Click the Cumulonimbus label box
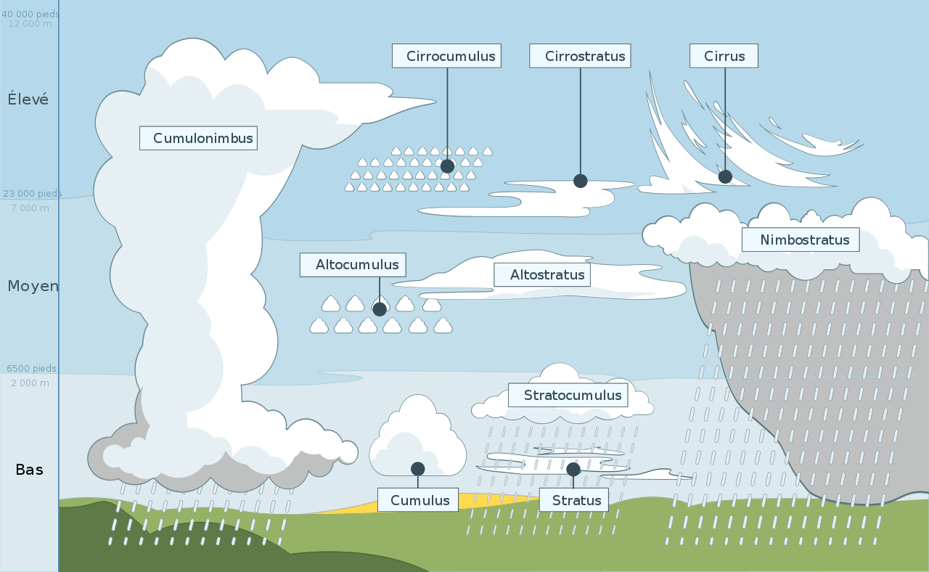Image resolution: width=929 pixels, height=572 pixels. [x=198, y=138]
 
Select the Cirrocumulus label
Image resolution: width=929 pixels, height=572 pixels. [x=446, y=56]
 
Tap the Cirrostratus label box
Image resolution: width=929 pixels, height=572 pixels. [x=580, y=56]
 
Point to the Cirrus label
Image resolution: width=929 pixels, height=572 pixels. [x=724, y=56]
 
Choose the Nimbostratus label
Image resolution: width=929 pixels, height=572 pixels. [x=801, y=240]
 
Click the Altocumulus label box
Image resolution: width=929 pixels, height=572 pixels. [x=353, y=265]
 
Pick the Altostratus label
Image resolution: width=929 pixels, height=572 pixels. [x=542, y=274]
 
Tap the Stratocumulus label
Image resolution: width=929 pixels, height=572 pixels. [x=568, y=396]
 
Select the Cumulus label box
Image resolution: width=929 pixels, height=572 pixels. [x=418, y=500]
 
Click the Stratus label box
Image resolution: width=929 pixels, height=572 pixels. [x=574, y=500]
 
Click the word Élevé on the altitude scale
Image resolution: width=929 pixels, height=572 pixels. [x=28, y=99]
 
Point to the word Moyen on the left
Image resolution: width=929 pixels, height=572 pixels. [x=33, y=286]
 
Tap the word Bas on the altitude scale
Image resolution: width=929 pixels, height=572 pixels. [x=30, y=470]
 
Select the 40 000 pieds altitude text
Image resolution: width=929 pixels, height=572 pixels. [x=30, y=14]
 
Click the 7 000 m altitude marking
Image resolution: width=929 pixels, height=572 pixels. [x=30, y=208]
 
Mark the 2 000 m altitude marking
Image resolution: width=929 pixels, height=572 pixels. [x=30, y=383]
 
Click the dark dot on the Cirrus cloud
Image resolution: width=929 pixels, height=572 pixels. [x=725, y=176]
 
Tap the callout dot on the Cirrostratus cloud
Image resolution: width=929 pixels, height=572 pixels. [x=580, y=181]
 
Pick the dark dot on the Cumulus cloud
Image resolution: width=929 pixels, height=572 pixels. [x=417, y=469]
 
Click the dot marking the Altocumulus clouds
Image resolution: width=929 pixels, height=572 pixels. [x=380, y=309]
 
